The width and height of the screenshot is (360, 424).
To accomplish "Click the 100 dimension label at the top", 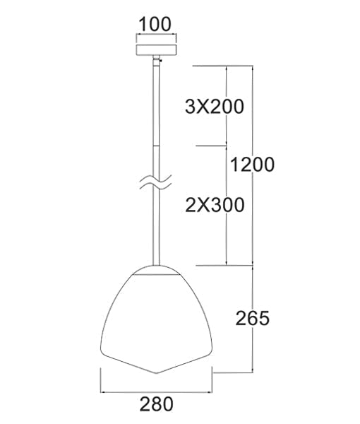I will pyautogui.click(x=155, y=23).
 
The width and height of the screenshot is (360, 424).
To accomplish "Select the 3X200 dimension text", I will pyautogui.click(x=213, y=107).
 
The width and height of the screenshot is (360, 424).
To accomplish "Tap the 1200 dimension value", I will pyautogui.click(x=252, y=165).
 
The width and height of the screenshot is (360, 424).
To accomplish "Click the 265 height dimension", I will pyautogui.click(x=253, y=318).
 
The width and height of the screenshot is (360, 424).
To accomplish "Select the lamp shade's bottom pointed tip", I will pyautogui.click(x=156, y=372).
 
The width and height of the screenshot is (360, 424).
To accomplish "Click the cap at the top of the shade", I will pyautogui.click(x=156, y=268).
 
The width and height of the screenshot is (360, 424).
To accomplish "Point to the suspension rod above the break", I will pyautogui.click(x=155, y=120).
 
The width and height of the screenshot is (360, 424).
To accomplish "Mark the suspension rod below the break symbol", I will pyautogui.click(x=155, y=226).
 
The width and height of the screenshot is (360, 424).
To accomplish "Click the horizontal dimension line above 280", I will pyautogui.click(x=155, y=391).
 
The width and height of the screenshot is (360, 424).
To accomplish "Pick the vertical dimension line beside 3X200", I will pyautogui.click(x=226, y=106).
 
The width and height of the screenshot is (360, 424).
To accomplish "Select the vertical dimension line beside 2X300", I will pyautogui.click(x=226, y=205).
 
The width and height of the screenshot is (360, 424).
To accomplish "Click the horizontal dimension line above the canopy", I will pyautogui.click(x=155, y=37).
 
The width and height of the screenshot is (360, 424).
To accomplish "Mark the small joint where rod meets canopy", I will pyautogui.click(x=155, y=64).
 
